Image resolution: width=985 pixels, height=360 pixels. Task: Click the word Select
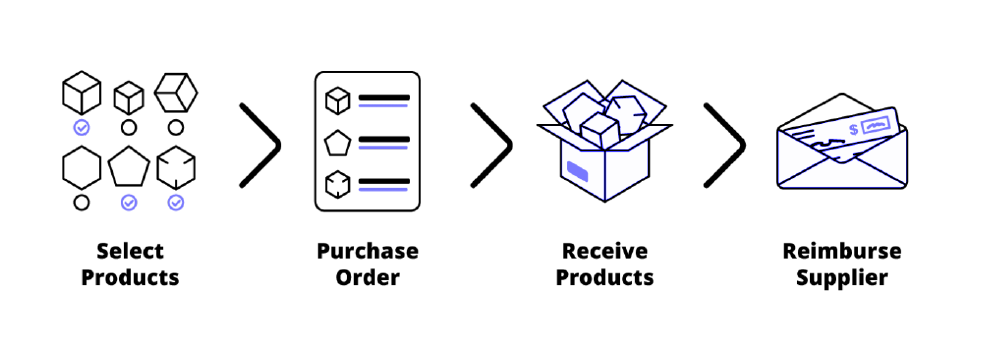(130, 251)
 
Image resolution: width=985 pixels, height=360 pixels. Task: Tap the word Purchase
(367, 251)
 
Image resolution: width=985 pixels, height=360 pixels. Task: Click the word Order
(367, 276)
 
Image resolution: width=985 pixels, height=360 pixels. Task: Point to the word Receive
(604, 251)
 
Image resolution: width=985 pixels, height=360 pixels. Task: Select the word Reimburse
(841, 251)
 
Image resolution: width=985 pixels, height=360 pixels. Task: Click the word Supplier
(841, 276)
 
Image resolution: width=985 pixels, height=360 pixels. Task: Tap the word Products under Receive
(604, 276)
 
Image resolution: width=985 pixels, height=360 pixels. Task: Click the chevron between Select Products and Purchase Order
(260, 144)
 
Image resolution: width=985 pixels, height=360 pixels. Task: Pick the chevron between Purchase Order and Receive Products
(492, 144)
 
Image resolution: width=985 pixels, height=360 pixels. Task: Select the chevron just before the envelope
(725, 144)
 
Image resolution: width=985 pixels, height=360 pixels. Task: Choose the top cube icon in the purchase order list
(338, 99)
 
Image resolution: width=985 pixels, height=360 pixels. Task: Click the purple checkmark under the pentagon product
(129, 203)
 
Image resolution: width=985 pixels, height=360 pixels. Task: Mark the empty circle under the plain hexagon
(82, 203)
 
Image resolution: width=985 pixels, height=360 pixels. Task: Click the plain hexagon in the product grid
(82, 166)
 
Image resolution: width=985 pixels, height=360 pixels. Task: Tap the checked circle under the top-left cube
(82, 127)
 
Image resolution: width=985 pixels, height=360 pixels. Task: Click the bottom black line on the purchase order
(384, 181)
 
